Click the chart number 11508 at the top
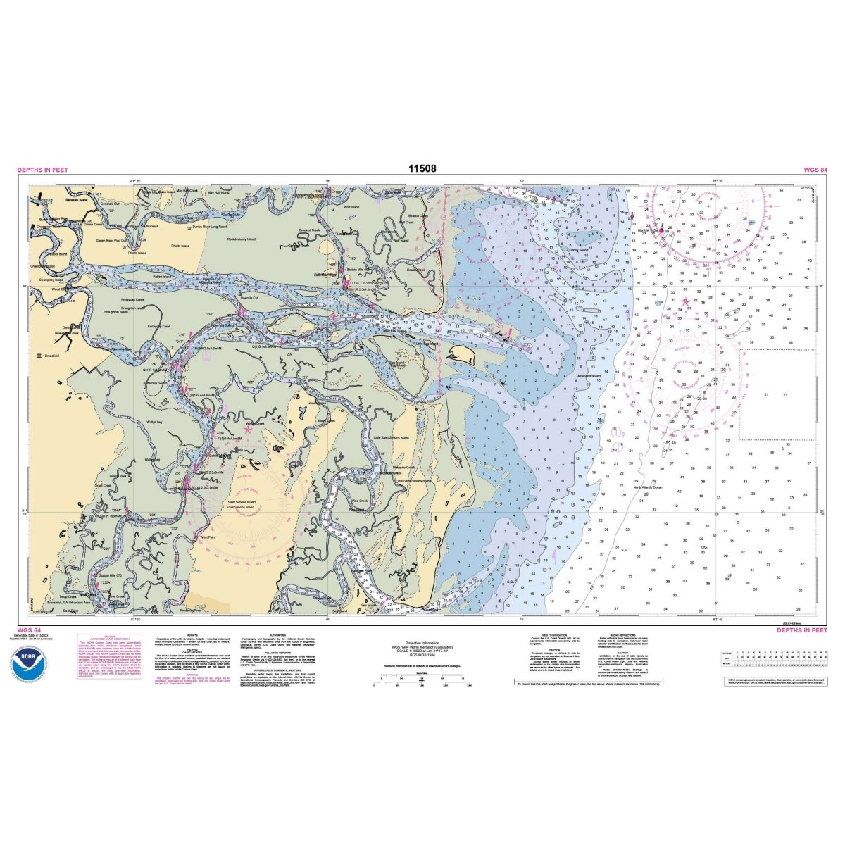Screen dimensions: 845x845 click(x=422, y=169)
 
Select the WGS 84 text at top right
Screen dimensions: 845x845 click(x=815, y=170)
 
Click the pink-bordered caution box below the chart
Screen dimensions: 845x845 click(x=104, y=665)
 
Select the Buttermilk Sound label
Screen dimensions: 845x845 click(x=156, y=383)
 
